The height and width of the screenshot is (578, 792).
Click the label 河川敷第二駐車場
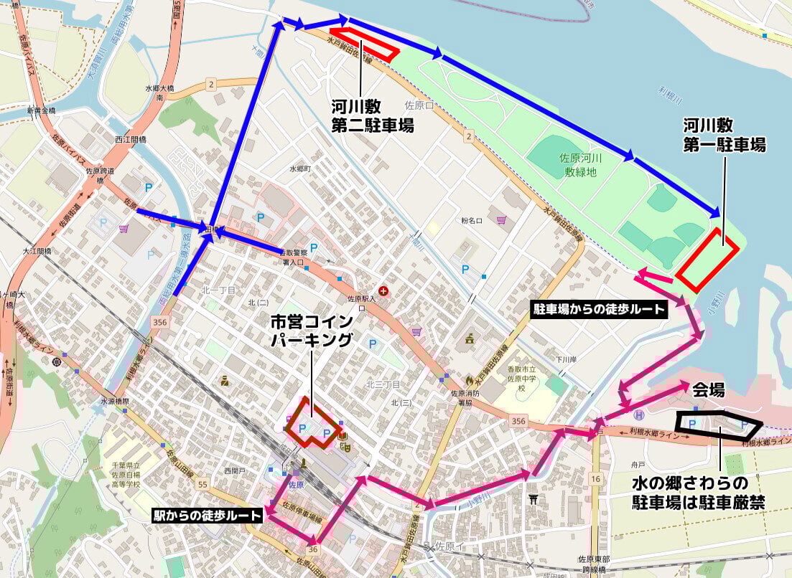pos(373,116)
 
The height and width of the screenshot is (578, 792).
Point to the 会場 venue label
pos(708,392)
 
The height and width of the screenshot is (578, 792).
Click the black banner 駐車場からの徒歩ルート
pos(599,309)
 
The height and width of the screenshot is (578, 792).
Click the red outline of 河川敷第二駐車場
pos(365,44)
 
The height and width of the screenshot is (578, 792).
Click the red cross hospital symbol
pos(384,290)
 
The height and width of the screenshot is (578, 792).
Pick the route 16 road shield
pos(595,478)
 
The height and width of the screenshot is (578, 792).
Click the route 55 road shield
pos(202,485)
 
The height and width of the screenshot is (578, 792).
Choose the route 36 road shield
pos(313,549)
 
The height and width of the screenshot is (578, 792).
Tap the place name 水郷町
pos(298,169)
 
